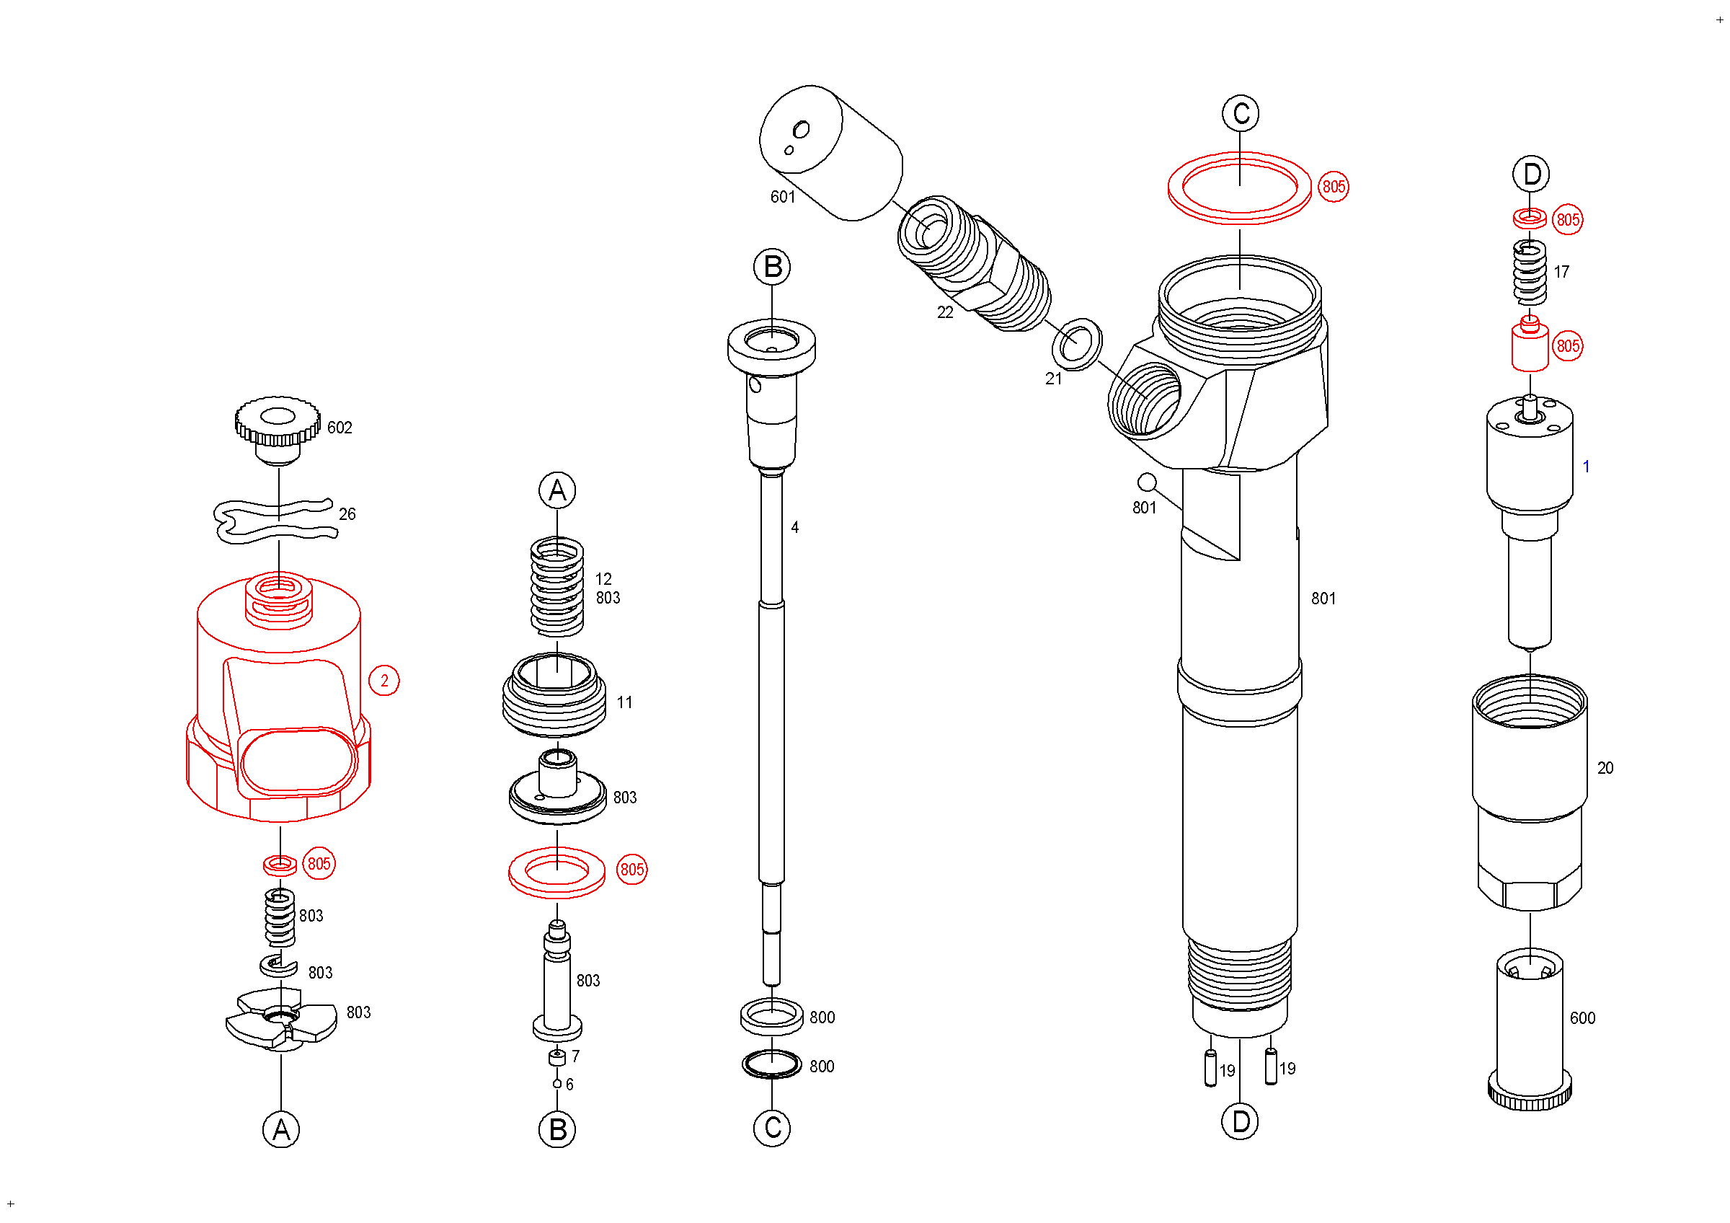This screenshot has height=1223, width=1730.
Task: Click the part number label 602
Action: (339, 428)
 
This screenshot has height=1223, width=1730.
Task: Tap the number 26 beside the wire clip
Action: (347, 515)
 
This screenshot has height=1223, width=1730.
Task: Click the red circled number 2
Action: (384, 681)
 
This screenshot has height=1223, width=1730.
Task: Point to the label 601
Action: (783, 198)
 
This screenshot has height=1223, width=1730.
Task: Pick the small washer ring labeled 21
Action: (1076, 345)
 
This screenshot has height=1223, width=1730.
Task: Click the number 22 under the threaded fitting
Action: (945, 313)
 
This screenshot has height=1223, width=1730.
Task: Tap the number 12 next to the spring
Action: (603, 580)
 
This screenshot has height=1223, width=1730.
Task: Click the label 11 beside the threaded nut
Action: (625, 703)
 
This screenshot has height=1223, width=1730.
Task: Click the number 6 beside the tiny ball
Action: (569, 1085)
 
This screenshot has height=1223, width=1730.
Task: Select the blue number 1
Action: (1586, 467)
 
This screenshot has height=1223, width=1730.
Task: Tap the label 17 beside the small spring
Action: (1561, 272)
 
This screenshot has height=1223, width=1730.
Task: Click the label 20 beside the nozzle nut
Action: (1605, 769)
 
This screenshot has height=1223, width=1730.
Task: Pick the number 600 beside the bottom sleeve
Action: (1582, 1019)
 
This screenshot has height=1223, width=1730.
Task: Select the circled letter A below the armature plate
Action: (281, 1130)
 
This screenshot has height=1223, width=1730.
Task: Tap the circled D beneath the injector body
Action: (1241, 1122)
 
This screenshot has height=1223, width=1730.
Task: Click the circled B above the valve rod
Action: (772, 268)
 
